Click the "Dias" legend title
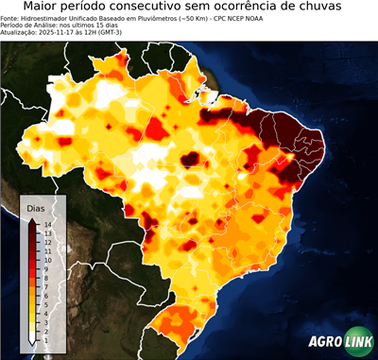click(36, 207)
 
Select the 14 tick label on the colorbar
click(46, 224)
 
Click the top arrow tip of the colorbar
click(32, 220)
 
